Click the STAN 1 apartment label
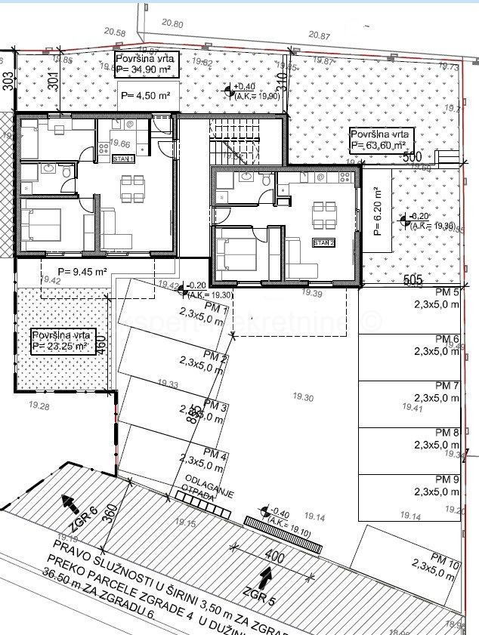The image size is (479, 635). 123,159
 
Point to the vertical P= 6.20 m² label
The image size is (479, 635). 378,212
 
